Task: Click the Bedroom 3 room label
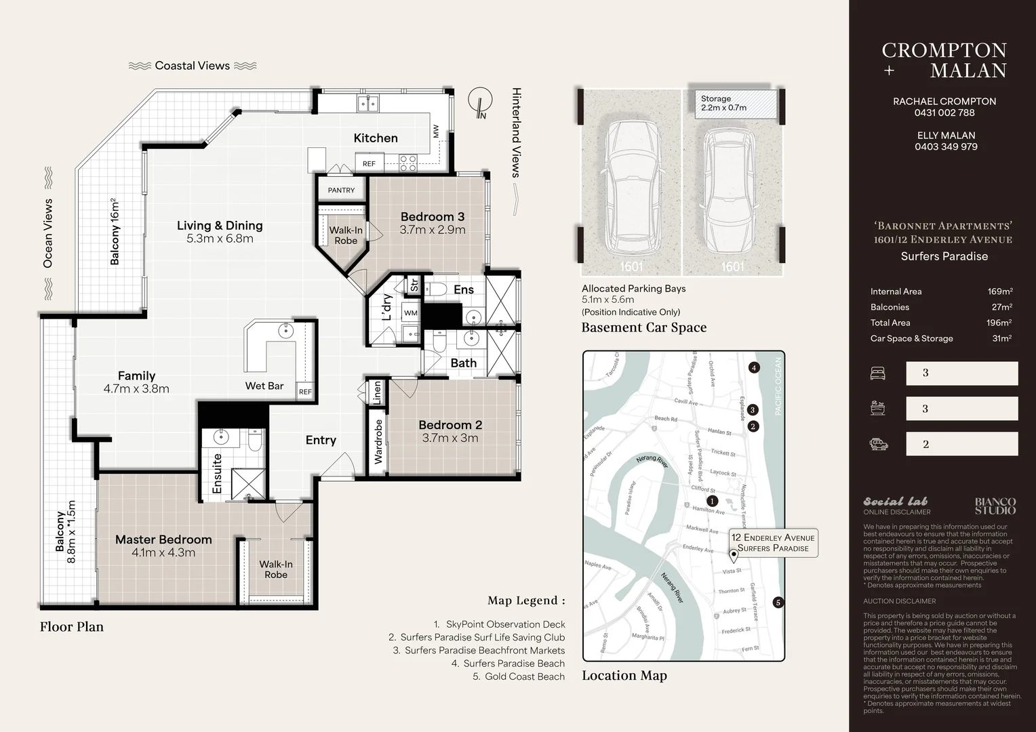click(432, 217)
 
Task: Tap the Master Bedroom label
click(163, 540)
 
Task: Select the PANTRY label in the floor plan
click(341, 190)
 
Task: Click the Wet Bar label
click(264, 386)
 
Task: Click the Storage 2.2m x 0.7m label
click(723, 103)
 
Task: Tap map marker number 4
click(754, 368)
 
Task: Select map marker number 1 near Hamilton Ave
click(713, 502)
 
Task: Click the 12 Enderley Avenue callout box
click(773, 542)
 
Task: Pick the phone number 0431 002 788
click(944, 113)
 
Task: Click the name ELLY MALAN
click(946, 136)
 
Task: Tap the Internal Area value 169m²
click(999, 291)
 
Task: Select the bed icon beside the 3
click(877, 373)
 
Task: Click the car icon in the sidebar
click(878, 445)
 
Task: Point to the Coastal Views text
click(193, 66)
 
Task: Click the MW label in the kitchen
click(436, 131)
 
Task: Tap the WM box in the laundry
click(411, 313)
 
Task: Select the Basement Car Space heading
click(643, 328)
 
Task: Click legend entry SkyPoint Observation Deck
click(505, 624)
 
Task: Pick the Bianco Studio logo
click(995, 506)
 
